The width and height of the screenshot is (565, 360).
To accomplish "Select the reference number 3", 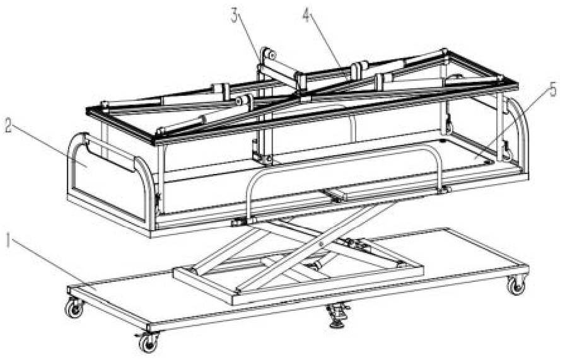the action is [235, 15].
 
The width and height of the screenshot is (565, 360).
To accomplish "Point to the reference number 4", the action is [306, 15].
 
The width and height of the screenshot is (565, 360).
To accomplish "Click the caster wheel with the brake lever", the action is [148, 342].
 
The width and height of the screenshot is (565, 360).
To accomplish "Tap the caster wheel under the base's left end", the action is [74, 308].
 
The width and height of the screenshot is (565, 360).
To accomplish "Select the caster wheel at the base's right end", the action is [516, 286].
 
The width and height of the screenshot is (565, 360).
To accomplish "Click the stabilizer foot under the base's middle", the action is [337, 315].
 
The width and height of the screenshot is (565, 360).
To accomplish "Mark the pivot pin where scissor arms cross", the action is [321, 244].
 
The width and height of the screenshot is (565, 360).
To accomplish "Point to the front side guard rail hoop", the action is [347, 155].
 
